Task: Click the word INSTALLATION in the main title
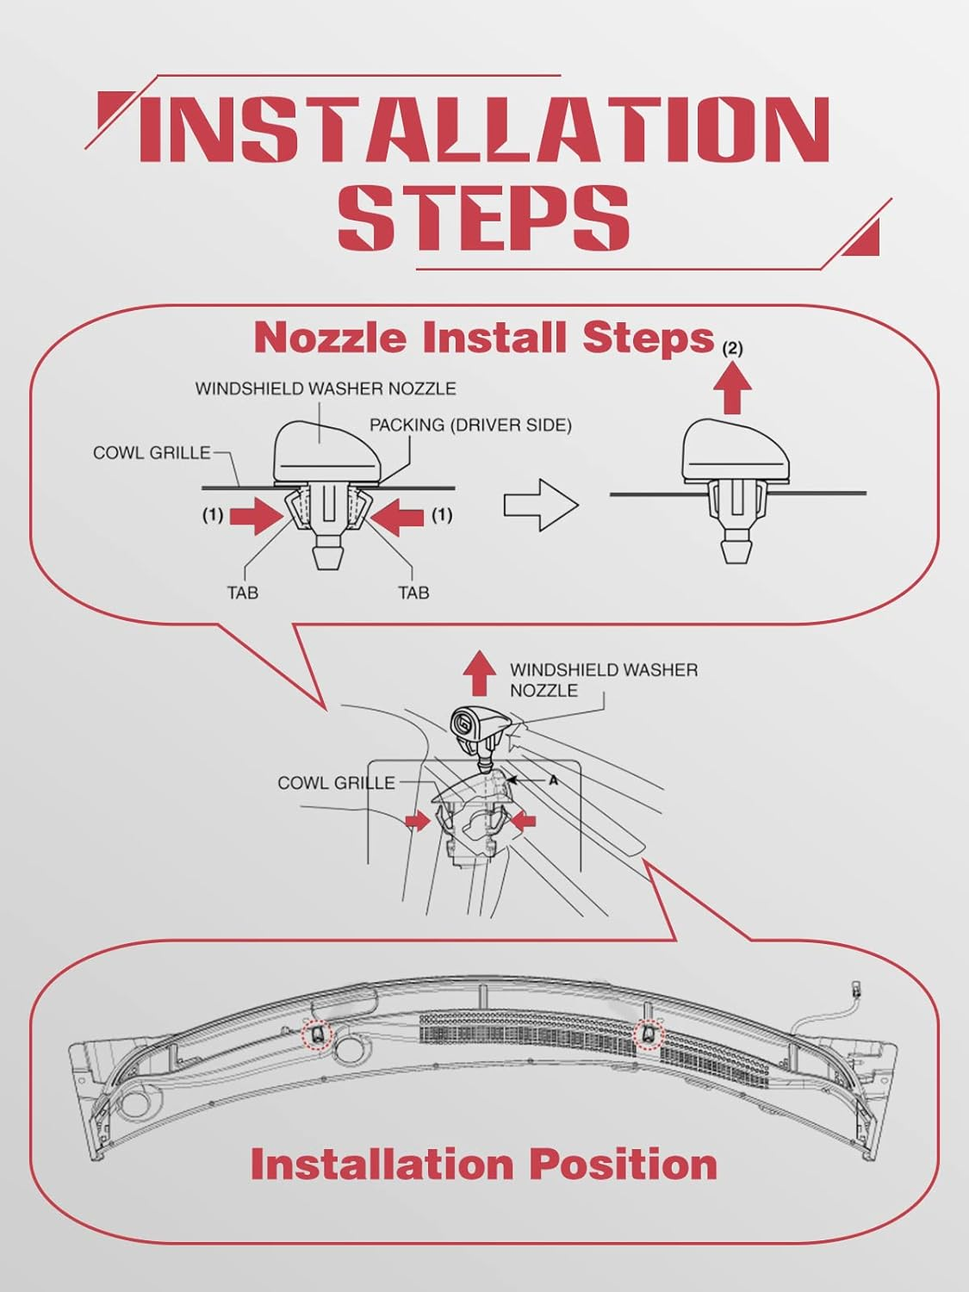(482, 129)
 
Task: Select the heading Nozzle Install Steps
(484, 337)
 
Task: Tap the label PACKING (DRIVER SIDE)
(470, 425)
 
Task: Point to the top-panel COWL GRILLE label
(152, 452)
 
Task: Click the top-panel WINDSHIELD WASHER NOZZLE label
(326, 388)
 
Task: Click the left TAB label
(243, 593)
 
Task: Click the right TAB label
(413, 593)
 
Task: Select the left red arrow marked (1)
(258, 516)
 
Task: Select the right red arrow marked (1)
(396, 516)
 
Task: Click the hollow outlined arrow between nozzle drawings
(540, 506)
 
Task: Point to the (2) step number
(732, 349)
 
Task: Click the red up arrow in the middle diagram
(479, 673)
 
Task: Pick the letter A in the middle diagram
(554, 780)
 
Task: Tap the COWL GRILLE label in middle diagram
(336, 783)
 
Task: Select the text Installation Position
(483, 1164)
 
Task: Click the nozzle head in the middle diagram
(476, 722)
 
